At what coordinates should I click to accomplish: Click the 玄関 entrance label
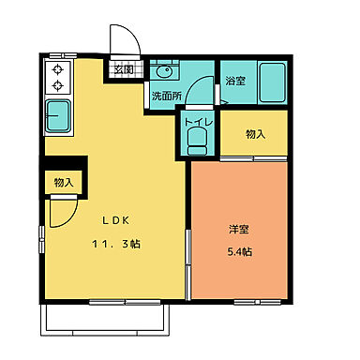[124, 69]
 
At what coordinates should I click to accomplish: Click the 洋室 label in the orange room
[238, 230]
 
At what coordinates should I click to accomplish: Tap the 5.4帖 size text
[238, 251]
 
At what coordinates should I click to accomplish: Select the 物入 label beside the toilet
[255, 134]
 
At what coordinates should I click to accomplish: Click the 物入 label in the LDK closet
[64, 182]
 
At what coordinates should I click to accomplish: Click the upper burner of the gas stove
[56, 70]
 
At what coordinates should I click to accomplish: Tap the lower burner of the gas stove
[56, 86]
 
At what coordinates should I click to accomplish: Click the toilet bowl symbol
[197, 140]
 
